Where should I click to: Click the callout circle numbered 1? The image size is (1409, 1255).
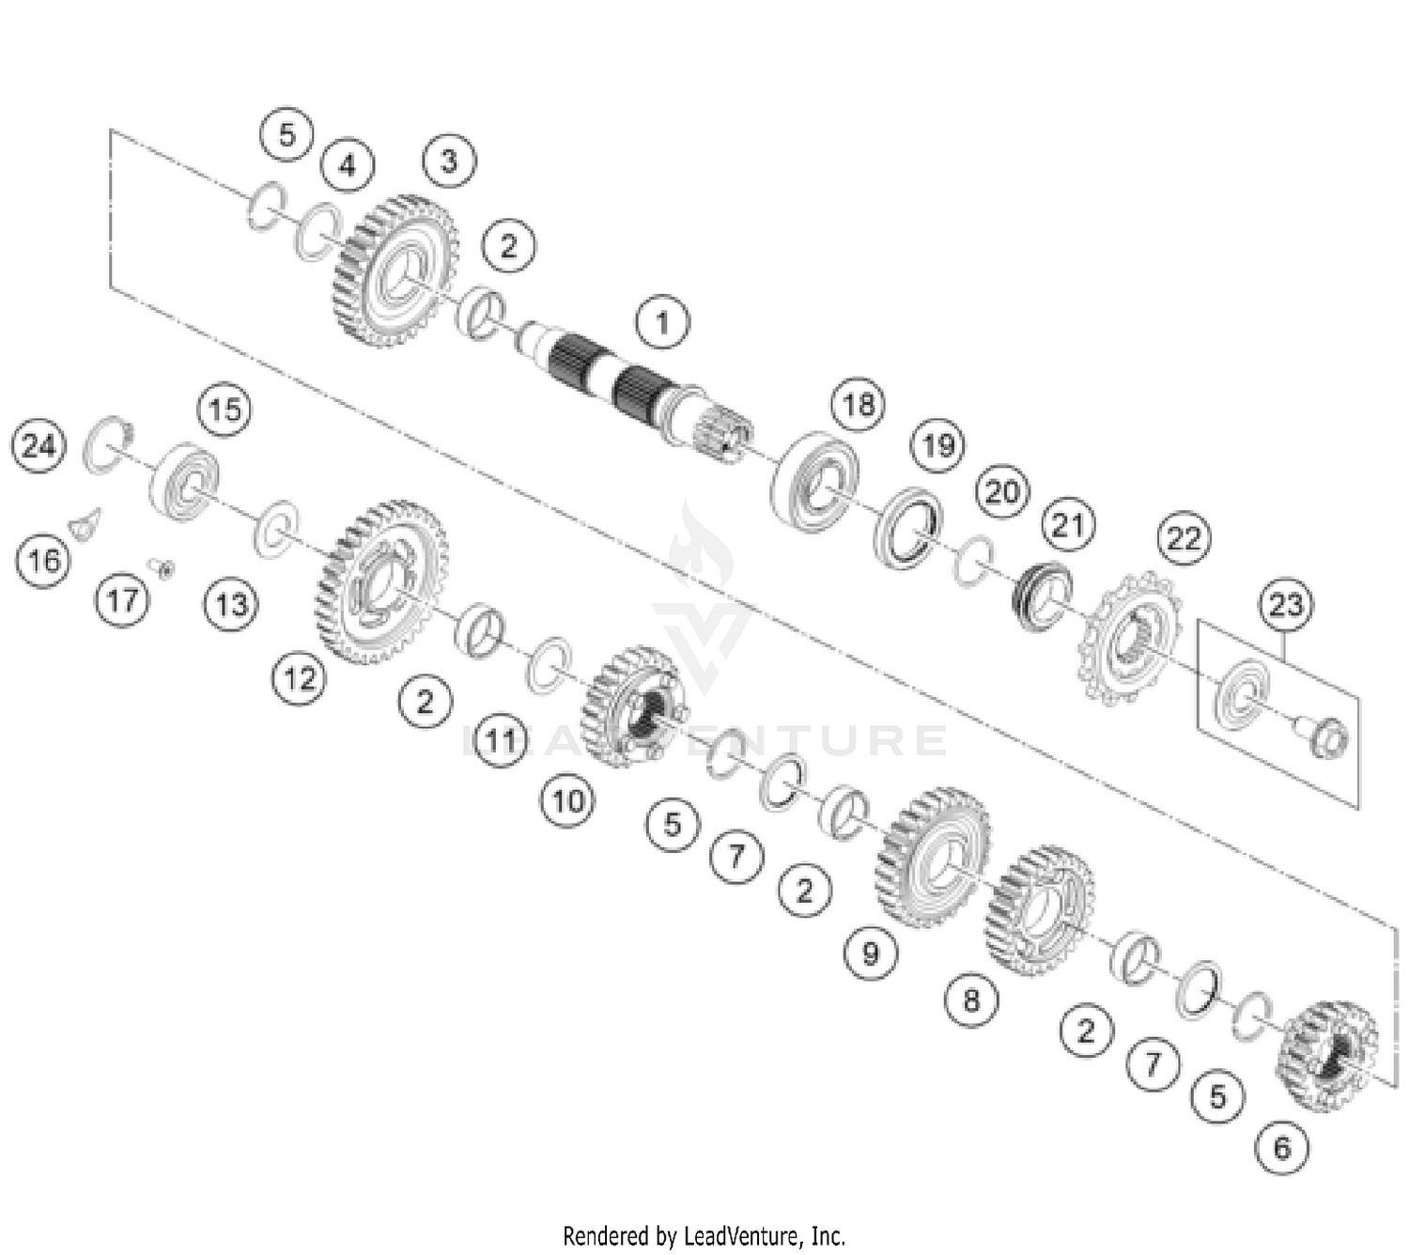662,322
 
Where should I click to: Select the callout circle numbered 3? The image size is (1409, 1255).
449,161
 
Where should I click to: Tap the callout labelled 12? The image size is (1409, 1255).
300,677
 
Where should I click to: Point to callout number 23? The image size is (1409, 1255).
1286,604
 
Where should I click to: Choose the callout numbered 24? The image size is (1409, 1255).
39,445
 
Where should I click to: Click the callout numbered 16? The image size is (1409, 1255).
43,561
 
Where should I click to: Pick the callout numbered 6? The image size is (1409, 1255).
1282,1147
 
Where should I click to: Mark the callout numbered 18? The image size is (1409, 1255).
858,404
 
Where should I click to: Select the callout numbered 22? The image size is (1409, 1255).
1184,538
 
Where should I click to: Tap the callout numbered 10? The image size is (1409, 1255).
567,801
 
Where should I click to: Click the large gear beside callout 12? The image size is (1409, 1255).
380,582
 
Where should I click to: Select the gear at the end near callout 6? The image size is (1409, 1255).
1326,1056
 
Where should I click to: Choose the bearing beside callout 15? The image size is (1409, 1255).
185,480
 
